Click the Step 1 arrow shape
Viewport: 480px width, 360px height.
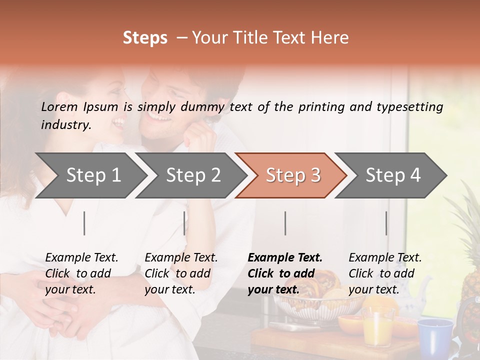point(93,175)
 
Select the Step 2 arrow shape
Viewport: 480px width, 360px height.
point(193,175)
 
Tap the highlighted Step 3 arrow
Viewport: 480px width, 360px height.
point(292,175)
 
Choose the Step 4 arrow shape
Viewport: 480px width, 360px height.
point(392,175)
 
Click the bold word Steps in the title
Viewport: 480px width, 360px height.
point(145,38)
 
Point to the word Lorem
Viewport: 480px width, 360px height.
point(59,106)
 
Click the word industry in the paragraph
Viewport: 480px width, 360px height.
point(66,125)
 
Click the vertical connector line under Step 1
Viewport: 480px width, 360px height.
point(84,223)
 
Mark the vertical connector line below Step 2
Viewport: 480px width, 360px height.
point(184,223)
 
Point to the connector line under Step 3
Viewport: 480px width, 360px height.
point(285,223)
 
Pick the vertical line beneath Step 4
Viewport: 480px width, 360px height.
point(386,223)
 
